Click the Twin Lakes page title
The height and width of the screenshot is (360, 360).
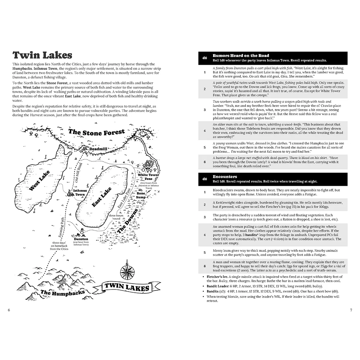pyautogui.click(x=42, y=55)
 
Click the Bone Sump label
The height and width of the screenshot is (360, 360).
pyautogui.click(x=141, y=195)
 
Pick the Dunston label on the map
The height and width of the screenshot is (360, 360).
pyautogui.click(x=81, y=239)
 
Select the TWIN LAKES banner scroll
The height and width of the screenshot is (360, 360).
pyautogui.click(x=126, y=287)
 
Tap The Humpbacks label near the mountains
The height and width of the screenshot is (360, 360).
pyautogui.click(x=63, y=292)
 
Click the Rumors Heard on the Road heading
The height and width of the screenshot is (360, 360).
pyautogui.click(x=241, y=56)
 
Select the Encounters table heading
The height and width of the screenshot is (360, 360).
pyautogui.click(x=225, y=177)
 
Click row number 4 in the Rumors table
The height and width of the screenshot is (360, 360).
pyautogui.click(x=205, y=131)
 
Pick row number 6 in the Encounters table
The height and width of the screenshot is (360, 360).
pyautogui.click(x=205, y=266)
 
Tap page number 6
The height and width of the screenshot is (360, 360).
pyautogui.click(x=9, y=310)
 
